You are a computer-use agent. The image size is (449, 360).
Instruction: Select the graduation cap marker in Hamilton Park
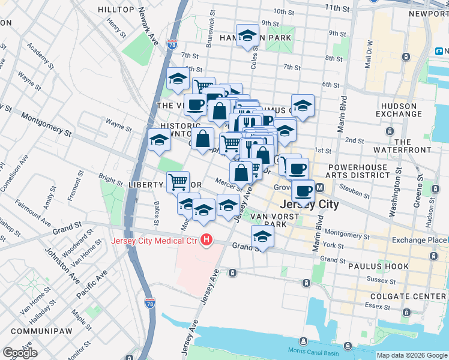pyautogui.click(x=247, y=35)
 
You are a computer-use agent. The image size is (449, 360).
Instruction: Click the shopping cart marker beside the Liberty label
pyautogui.click(x=178, y=181)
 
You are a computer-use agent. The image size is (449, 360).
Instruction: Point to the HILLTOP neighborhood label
pyautogui.click(x=116, y=10)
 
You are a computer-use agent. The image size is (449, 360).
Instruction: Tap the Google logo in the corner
pyautogui.click(x=20, y=352)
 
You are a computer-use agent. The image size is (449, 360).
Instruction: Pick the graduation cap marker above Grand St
pyautogui.click(x=262, y=237)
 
